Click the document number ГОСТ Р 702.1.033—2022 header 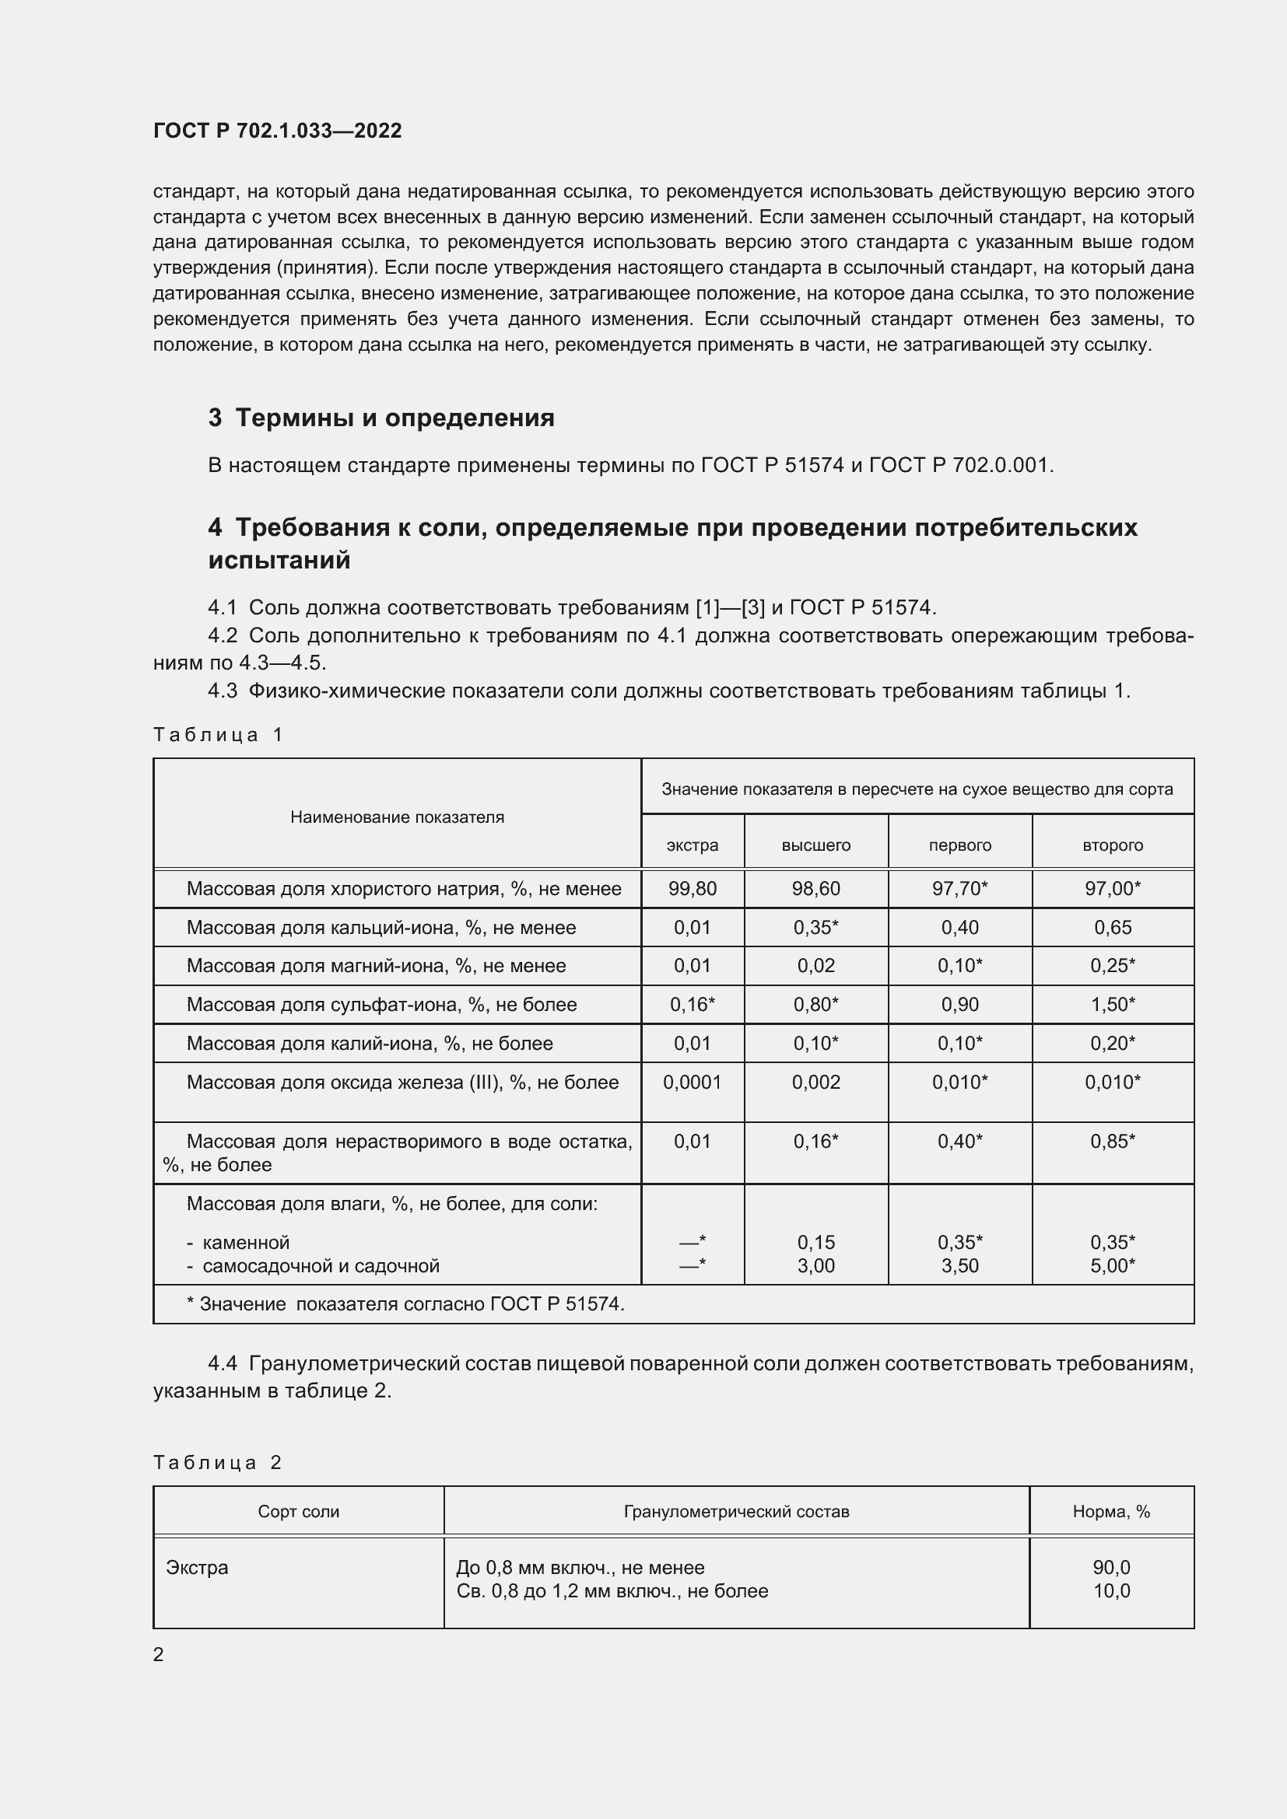click(277, 131)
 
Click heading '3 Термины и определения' click(381, 418)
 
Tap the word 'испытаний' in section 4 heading click(279, 560)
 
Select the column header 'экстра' click(692, 845)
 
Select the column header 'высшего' click(815, 845)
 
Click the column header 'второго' click(1112, 845)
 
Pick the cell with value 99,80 click(692, 889)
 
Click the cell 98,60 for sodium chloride click(815, 889)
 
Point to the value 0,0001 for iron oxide click(692, 1083)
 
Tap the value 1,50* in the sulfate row click(1112, 1005)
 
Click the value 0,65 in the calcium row click(1112, 928)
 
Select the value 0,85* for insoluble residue click(1112, 1142)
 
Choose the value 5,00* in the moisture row click(1112, 1265)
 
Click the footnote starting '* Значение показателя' click(405, 1304)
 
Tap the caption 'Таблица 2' click(217, 1463)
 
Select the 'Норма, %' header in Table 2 click(1111, 1512)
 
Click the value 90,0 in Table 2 click(1111, 1567)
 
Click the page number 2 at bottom click(159, 1654)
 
